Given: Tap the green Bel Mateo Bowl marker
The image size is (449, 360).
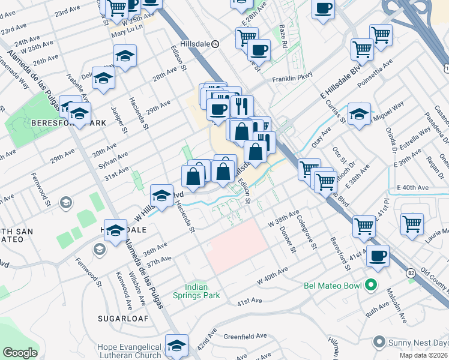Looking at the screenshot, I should click(371, 284).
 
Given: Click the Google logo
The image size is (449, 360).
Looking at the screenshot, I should click(20, 353).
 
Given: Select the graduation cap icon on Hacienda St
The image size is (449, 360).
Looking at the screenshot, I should click(161, 195).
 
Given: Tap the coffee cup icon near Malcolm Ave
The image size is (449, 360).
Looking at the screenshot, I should click(378, 256).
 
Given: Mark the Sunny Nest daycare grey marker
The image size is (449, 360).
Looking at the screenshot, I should click(378, 342).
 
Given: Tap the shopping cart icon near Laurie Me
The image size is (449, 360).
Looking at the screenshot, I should click(412, 224).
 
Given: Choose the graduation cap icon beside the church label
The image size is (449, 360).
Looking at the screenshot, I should click(176, 346).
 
